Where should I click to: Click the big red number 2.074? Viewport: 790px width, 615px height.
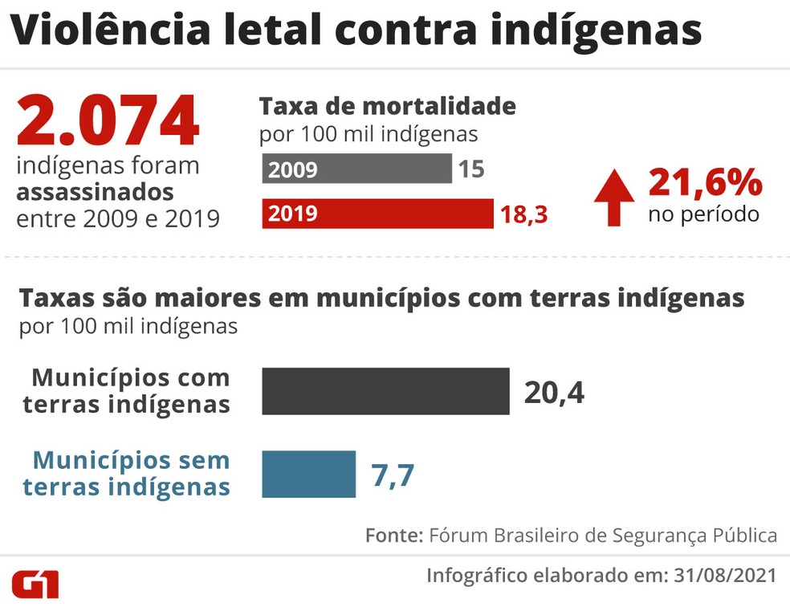click(107, 122)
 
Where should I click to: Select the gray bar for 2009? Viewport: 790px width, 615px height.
click(356, 169)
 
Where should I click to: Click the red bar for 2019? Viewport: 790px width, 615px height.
click(377, 214)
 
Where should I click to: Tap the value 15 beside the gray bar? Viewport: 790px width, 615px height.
click(471, 170)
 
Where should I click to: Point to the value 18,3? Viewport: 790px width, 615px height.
click(523, 214)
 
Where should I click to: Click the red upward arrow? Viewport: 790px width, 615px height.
click(614, 198)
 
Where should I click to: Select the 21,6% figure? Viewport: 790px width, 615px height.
click(705, 183)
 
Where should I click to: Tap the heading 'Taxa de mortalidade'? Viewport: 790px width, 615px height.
click(387, 106)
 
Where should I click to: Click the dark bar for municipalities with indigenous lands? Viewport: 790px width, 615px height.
click(385, 391)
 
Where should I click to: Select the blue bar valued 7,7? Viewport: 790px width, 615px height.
click(308, 474)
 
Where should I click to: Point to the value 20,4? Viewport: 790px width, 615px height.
click(554, 392)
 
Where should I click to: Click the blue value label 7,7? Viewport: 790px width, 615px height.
click(392, 474)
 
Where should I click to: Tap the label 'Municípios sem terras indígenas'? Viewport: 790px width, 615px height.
click(127, 474)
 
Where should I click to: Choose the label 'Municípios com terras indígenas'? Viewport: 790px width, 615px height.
click(127, 391)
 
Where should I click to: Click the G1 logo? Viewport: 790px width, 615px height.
click(35, 584)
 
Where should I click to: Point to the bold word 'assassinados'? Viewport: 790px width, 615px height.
click(95, 193)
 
